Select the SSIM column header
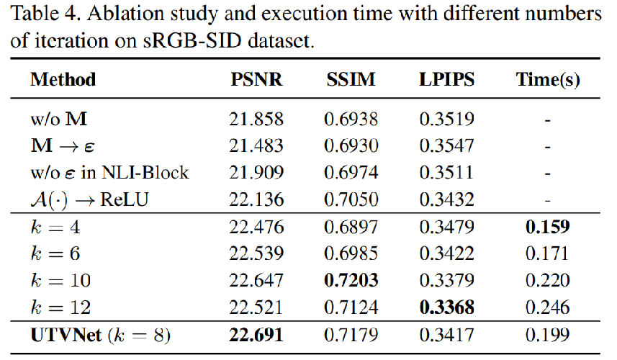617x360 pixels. pyautogui.click(x=351, y=80)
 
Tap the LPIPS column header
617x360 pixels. pyautogui.click(x=446, y=80)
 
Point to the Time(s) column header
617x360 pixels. pyautogui.click(x=548, y=80)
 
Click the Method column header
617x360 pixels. pyautogui.click(x=63, y=80)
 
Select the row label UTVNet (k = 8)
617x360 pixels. pyautogui.click(x=100, y=336)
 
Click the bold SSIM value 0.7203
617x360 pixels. pyautogui.click(x=351, y=281)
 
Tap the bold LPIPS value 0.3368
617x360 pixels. pyautogui.click(x=446, y=308)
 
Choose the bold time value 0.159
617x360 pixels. pyautogui.click(x=548, y=227)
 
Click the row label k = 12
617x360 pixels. pyautogui.click(x=60, y=308)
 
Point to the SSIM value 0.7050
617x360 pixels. pyautogui.click(x=351, y=199)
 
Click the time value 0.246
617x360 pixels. pyautogui.click(x=548, y=308)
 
